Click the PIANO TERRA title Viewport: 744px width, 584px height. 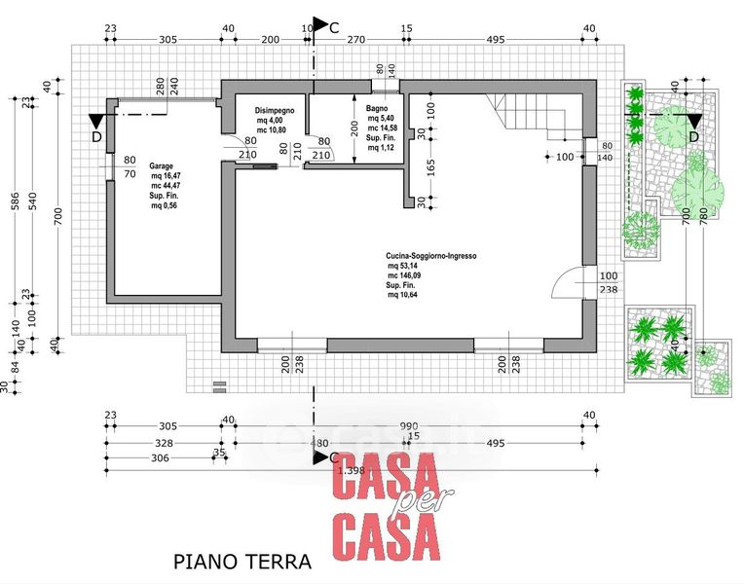point(242,562)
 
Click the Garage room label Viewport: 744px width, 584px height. point(162,166)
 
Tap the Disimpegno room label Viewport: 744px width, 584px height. point(275,110)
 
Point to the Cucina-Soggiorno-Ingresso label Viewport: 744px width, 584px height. point(430,255)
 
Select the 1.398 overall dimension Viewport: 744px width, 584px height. point(352,471)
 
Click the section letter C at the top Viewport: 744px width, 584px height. point(334,28)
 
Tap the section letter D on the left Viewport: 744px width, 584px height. point(95,136)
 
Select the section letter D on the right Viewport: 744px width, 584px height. point(693,136)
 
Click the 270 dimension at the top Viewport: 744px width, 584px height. point(356,40)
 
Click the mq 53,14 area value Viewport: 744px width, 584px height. point(404,266)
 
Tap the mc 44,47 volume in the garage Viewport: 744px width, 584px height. point(164,186)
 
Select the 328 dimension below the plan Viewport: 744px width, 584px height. point(166,443)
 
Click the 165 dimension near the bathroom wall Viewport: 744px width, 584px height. point(429,166)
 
